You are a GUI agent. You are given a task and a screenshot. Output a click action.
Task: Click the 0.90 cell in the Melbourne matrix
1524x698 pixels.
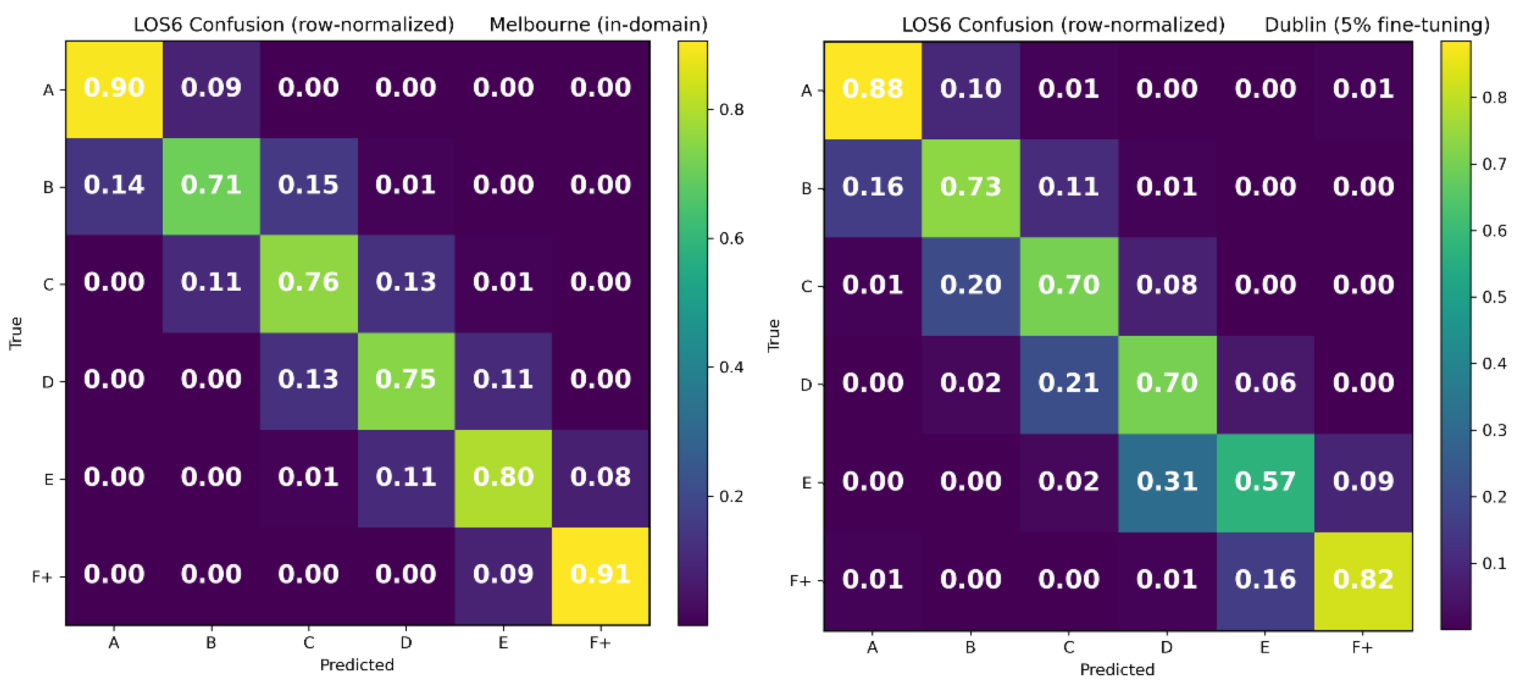(x=114, y=88)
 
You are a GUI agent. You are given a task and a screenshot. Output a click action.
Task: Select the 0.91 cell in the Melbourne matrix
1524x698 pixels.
(x=600, y=575)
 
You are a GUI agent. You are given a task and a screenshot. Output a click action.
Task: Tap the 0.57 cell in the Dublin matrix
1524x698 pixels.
(x=1265, y=481)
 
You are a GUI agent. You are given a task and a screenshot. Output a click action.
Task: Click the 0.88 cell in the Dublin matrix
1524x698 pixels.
(x=873, y=89)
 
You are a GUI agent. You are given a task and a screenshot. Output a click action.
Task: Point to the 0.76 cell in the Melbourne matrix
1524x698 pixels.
(x=308, y=282)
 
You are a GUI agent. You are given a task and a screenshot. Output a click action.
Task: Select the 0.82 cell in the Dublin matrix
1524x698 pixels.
(x=1363, y=580)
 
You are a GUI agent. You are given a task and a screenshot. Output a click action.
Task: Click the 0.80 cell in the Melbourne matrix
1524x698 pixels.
(x=503, y=477)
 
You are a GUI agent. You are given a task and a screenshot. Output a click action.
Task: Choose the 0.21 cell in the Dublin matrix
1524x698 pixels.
(x=1069, y=383)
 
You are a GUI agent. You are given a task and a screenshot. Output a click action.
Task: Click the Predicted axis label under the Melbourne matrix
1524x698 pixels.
(x=357, y=665)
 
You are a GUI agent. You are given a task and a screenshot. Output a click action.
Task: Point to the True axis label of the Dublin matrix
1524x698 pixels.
(x=773, y=336)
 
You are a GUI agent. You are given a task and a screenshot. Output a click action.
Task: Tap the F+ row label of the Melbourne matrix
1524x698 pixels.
(x=42, y=577)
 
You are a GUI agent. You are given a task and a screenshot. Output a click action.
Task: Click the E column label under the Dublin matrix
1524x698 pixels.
(x=1264, y=648)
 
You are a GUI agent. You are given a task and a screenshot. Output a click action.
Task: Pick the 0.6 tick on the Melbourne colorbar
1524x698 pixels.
(x=731, y=238)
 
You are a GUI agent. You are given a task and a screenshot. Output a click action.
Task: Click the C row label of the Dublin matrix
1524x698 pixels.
(x=806, y=287)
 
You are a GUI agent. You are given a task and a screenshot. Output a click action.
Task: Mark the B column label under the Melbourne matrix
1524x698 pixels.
(x=211, y=643)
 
